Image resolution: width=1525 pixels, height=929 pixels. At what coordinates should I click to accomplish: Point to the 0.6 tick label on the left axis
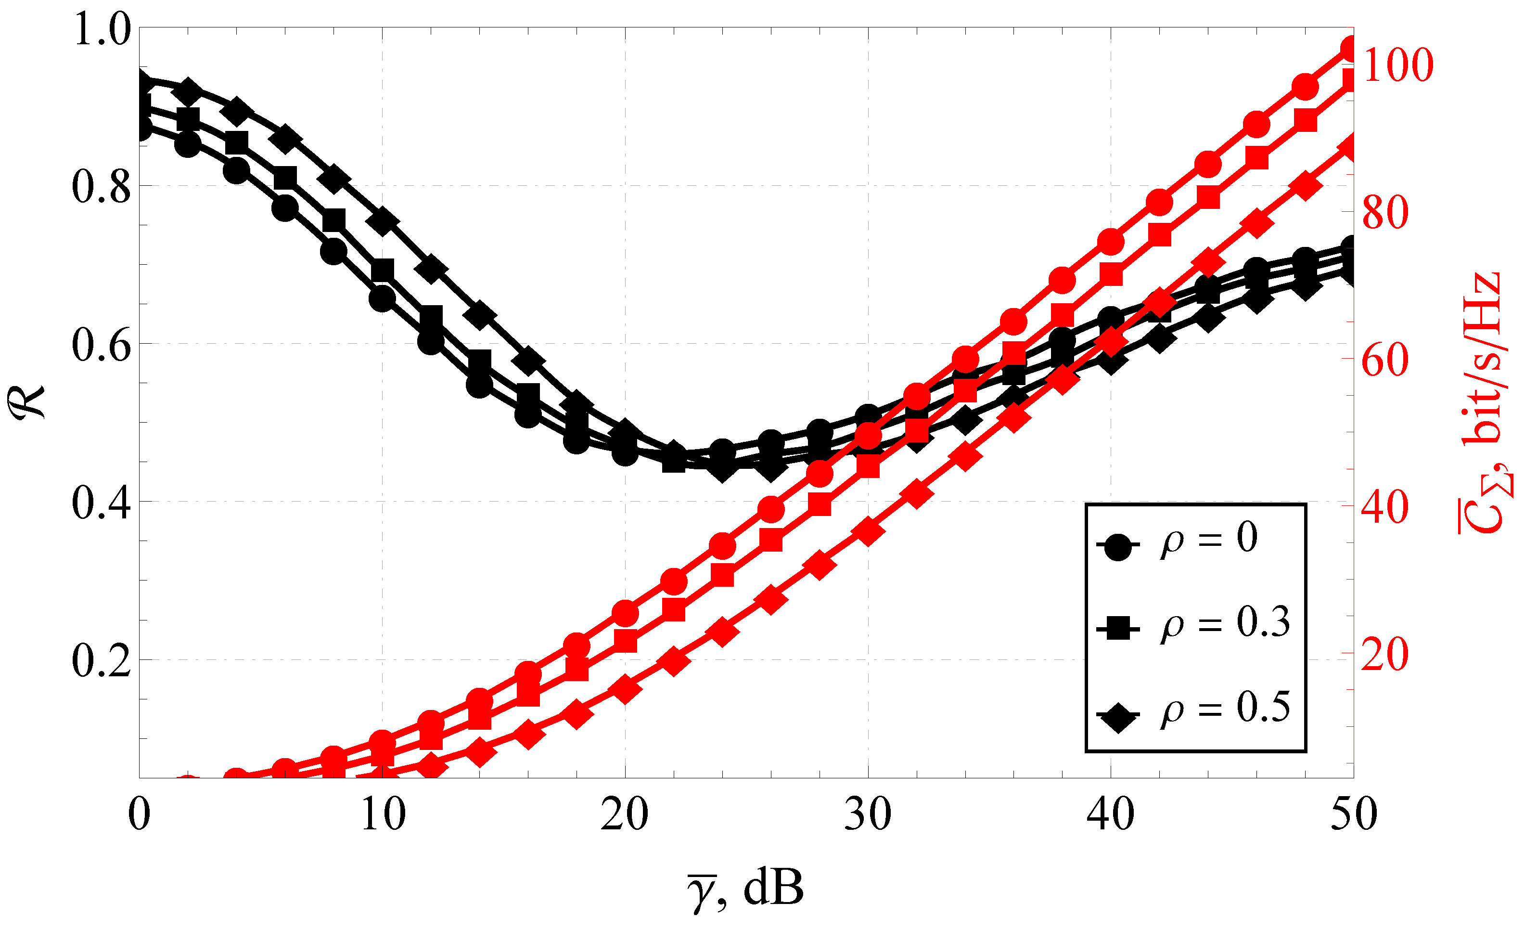click(x=102, y=345)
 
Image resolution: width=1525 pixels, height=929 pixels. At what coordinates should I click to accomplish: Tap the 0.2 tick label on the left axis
click(x=102, y=661)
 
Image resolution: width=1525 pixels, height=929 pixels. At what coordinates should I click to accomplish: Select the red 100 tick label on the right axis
click(x=1397, y=65)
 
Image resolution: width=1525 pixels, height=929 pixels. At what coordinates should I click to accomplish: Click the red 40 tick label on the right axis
click(x=1385, y=507)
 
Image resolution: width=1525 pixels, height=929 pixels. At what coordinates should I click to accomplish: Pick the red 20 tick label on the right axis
click(x=1385, y=655)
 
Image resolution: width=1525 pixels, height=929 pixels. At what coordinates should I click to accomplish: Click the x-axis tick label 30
click(x=868, y=816)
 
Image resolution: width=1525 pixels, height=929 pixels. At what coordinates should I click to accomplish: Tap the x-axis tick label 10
click(x=383, y=816)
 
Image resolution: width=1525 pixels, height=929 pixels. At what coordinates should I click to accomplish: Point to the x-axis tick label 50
click(x=1354, y=816)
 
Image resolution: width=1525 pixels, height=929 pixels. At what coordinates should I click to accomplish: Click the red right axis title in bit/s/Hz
click(x=1482, y=402)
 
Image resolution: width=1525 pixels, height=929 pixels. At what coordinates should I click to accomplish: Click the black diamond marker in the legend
click(x=1118, y=717)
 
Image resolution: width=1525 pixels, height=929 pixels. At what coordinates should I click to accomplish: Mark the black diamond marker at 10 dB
click(x=383, y=221)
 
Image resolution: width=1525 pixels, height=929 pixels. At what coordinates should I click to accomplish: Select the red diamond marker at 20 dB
click(x=625, y=689)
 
